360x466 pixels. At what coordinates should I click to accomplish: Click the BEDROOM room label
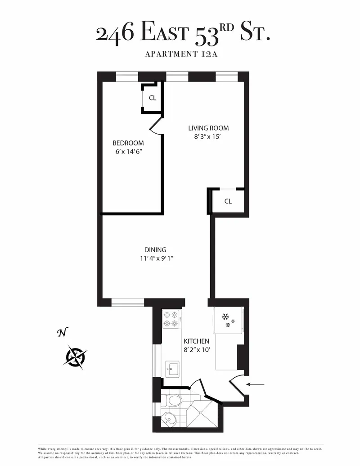(128, 143)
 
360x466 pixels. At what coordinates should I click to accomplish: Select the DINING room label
(155, 250)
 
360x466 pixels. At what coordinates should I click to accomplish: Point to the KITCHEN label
(196, 341)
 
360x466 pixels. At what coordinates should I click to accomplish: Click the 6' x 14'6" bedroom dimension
(128, 152)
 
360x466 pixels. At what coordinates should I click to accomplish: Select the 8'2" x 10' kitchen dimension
(196, 350)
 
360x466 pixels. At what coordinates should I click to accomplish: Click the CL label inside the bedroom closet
(152, 98)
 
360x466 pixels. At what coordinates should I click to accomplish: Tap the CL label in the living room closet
(228, 201)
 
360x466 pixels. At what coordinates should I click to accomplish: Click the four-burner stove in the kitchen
(171, 319)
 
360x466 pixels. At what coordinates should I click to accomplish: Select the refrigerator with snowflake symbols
(229, 321)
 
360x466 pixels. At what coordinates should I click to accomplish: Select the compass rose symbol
(76, 357)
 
